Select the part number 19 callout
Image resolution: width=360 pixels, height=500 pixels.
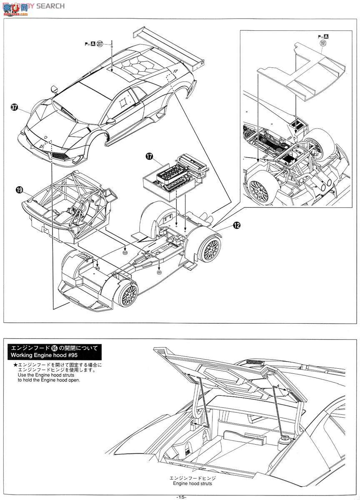pyautogui.click(x=19, y=190)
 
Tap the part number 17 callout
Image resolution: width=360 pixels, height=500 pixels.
pyautogui.click(x=149, y=156)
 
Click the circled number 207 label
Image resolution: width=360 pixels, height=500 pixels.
pyautogui.click(x=100, y=43)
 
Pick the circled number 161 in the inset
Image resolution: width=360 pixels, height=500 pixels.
pyautogui.click(x=322, y=43)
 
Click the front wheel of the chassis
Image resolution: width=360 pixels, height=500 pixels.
pyautogui.click(x=128, y=294)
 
